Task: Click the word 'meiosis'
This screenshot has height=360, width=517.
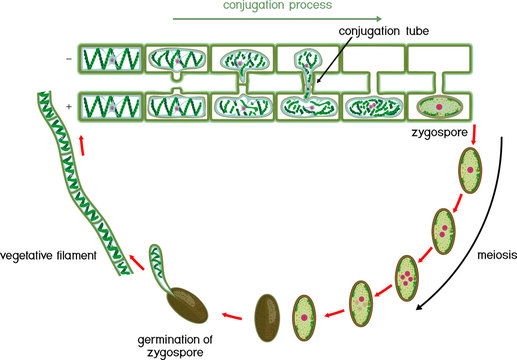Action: pos(490,256)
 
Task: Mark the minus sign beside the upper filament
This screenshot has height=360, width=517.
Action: pos(67,59)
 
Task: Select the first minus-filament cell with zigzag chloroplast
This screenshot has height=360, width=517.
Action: pos(111,62)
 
